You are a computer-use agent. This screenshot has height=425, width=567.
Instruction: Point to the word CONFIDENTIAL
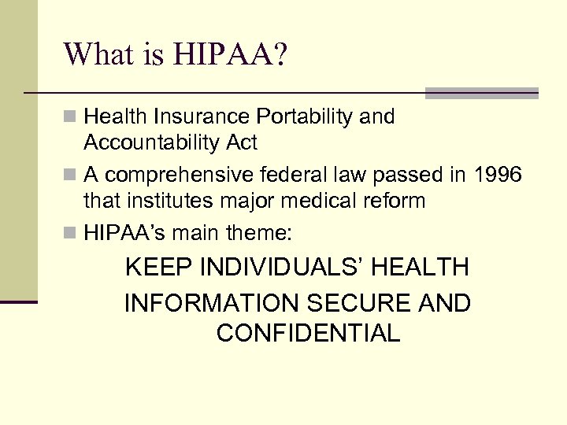[x=308, y=334]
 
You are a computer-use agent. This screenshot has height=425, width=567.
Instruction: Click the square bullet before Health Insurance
[x=70, y=117]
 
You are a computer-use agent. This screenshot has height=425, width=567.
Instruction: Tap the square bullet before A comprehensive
[x=70, y=175]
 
